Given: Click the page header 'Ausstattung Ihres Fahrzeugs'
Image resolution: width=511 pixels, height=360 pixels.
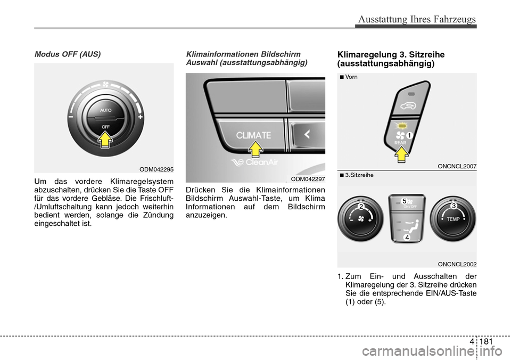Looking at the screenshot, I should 417,19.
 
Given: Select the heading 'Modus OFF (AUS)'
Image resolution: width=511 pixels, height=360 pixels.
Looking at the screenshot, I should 68,54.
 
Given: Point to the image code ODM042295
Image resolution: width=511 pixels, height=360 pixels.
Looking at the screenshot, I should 156,169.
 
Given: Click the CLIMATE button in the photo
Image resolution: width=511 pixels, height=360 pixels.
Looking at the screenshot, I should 253,135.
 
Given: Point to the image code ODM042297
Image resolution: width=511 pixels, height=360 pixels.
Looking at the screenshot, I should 308,179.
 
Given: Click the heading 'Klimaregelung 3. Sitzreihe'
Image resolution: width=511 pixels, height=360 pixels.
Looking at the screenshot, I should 391,54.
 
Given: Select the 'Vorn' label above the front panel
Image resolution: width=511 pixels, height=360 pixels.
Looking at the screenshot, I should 351,77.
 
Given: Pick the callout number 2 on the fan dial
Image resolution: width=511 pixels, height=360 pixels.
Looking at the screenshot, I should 361,207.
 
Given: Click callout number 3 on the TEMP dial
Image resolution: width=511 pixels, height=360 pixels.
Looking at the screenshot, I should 454,206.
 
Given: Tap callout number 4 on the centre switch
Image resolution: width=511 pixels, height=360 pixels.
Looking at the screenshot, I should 406,238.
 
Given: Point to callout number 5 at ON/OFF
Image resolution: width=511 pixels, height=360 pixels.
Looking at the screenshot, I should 405,201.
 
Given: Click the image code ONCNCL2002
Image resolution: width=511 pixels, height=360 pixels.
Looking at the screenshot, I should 457,264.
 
